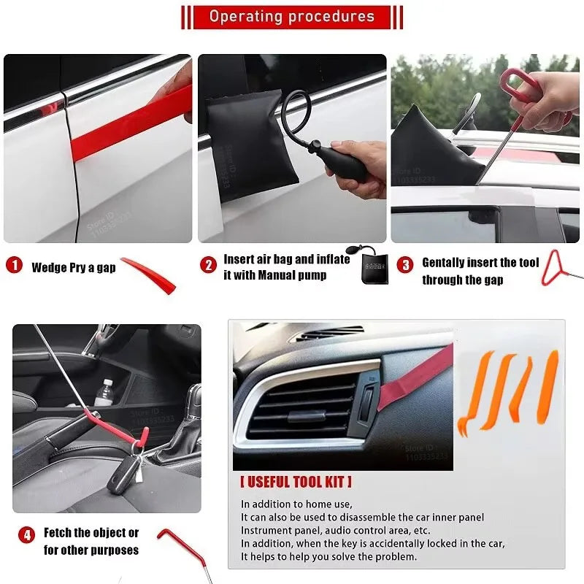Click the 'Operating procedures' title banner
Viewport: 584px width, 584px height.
tap(291, 17)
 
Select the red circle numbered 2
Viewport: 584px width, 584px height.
tap(210, 265)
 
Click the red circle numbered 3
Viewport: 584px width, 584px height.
tap(405, 265)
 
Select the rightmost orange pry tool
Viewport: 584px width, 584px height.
tap(548, 386)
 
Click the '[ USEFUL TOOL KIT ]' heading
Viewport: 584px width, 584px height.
tap(296, 482)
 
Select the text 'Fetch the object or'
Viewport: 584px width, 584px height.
tap(91, 533)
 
